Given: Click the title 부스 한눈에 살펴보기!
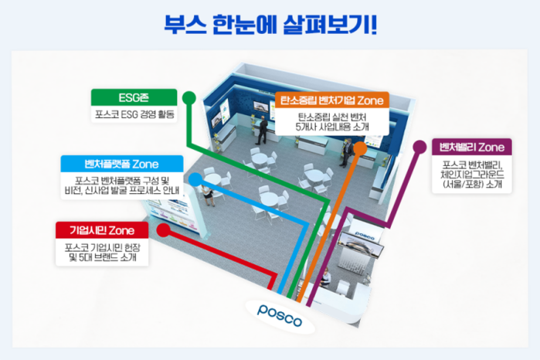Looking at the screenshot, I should click(x=270, y=24).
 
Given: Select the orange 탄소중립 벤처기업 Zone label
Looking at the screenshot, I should click(x=331, y=100).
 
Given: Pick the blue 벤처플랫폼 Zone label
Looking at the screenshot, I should click(x=123, y=164).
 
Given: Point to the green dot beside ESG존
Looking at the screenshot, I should click(x=189, y=97).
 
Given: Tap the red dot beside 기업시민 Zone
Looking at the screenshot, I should click(x=163, y=229).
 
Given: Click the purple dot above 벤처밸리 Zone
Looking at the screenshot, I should click(x=420, y=144).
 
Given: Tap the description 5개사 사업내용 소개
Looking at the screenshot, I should click(x=333, y=127).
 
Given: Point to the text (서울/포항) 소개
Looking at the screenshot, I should click(x=473, y=185).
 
